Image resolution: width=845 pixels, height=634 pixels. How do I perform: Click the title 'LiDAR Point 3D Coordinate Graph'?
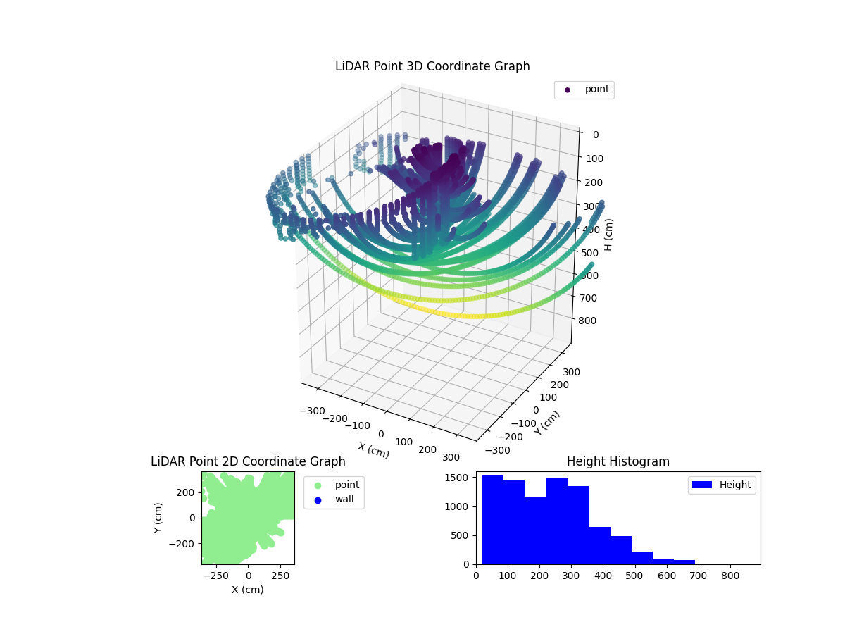click(x=432, y=66)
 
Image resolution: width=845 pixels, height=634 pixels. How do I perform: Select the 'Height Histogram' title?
click(x=618, y=461)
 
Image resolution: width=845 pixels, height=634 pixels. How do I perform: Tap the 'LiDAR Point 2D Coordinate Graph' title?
click(x=248, y=461)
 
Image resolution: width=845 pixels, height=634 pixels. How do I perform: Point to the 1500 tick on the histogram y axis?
click(x=462, y=478)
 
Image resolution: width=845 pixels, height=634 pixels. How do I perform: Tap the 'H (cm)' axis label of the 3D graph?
click(x=609, y=235)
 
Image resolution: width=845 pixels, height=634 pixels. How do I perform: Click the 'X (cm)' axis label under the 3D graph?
click(x=373, y=450)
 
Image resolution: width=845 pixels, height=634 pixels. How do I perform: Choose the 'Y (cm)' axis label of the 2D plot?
click(x=158, y=517)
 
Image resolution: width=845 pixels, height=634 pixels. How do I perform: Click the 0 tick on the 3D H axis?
click(x=595, y=135)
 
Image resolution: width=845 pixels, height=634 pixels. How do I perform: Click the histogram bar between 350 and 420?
click(x=599, y=545)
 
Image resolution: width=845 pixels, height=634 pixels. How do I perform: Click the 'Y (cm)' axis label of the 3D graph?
click(x=547, y=423)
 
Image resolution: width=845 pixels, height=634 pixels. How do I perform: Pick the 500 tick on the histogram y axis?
click(x=465, y=535)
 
